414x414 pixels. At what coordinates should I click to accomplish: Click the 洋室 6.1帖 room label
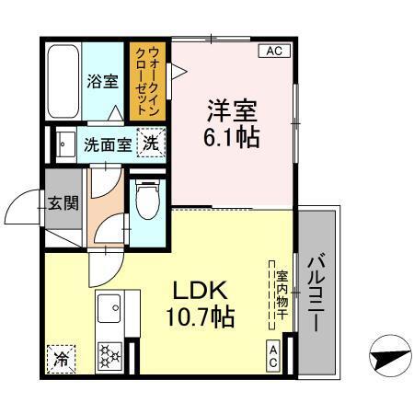(x=231, y=124)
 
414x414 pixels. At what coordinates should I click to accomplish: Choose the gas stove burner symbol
(x=109, y=355)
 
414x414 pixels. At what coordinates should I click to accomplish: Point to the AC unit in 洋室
(x=272, y=51)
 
